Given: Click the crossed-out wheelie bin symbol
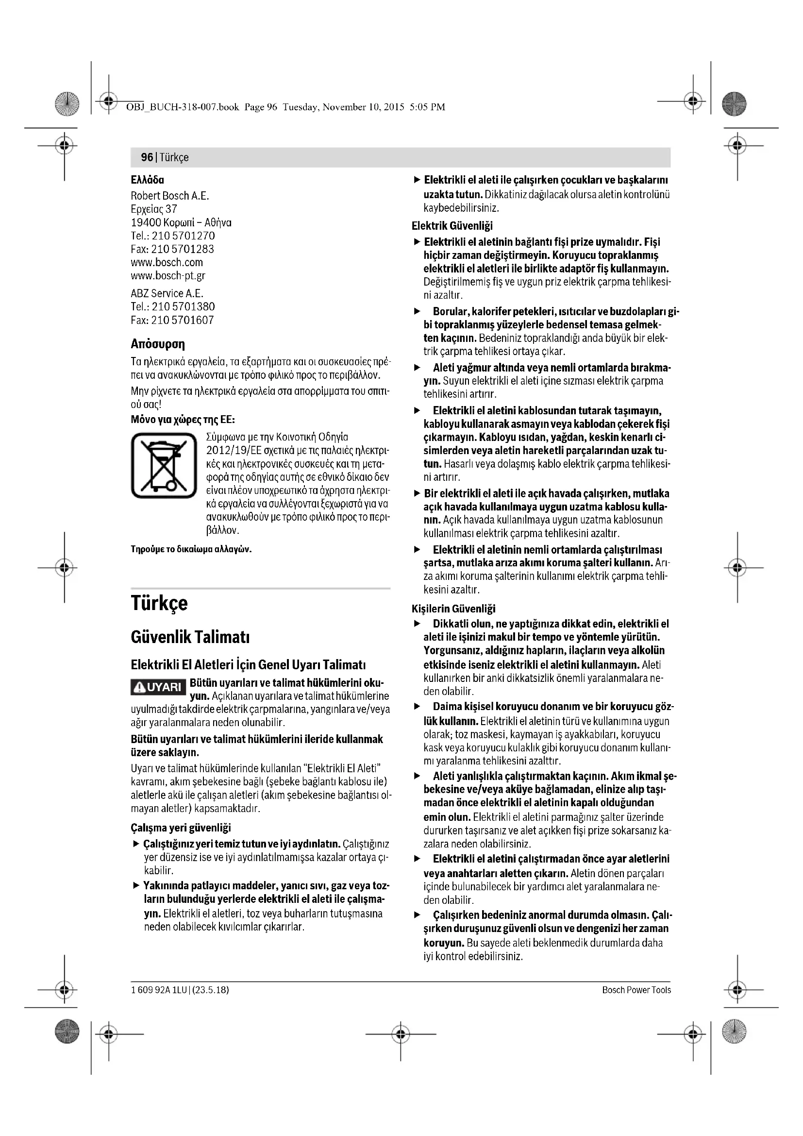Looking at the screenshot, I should point(164,465).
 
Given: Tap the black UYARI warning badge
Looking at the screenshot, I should point(159,687).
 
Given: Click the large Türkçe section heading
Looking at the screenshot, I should point(159,603).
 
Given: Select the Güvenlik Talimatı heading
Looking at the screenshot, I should point(190,637).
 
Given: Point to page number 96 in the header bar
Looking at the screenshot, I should point(147,157).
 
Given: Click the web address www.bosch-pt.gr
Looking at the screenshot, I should point(168,275).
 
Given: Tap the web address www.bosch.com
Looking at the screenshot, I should point(167,262).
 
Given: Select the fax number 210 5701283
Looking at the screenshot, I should point(183,249).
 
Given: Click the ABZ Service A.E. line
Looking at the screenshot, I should point(167,293).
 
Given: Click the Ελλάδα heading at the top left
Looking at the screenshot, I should point(148,180).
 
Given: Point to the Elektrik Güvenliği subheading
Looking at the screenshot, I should point(452,226).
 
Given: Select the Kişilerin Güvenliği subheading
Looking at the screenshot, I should point(453,609).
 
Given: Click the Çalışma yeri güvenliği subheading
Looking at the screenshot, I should point(181,828).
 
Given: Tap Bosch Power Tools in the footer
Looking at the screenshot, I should point(636,990).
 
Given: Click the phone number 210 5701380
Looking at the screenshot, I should point(184,306).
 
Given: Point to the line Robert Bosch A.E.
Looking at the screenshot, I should point(170,195).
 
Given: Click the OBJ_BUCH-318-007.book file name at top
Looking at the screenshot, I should point(183,107).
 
